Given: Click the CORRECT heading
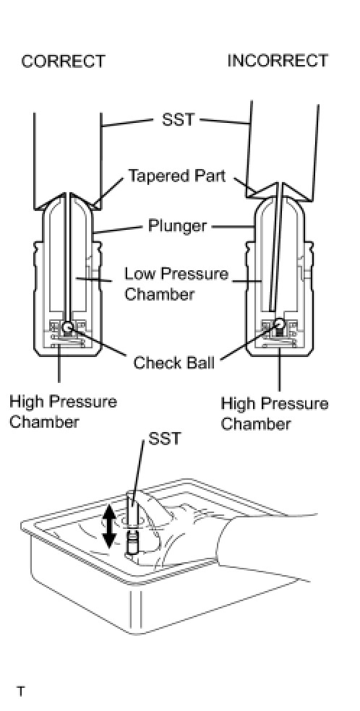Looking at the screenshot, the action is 63,61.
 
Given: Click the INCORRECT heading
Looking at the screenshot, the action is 278,61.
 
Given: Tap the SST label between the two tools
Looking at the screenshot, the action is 178,120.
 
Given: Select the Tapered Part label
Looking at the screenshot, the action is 177,176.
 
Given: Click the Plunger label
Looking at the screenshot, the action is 177,225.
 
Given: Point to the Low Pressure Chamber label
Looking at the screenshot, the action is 176,284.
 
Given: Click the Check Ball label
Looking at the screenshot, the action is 174,363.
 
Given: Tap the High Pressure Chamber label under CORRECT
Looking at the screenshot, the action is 63,411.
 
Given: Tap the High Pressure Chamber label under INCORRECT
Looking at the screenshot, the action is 274,413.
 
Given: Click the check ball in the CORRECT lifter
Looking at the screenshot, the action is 68,326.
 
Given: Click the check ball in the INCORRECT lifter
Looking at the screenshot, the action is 278,324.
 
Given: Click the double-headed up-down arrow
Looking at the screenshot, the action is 109,526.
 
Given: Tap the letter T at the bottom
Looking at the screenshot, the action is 21,692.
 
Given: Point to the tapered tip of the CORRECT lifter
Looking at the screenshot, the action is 67,194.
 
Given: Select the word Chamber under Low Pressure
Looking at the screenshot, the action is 159,294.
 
